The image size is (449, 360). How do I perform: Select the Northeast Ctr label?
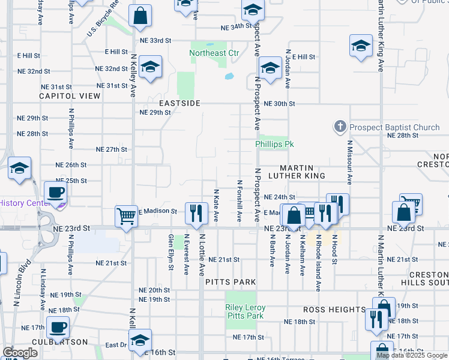[214, 53]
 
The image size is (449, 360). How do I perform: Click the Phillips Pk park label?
[274, 145]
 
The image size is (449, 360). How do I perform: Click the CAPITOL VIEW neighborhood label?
[70, 96]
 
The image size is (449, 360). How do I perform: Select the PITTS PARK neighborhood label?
[231, 282]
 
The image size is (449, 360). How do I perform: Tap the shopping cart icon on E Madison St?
[126, 215]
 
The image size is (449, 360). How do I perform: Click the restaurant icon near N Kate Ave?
[196, 213]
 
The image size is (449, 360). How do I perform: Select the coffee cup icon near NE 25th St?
[55, 193]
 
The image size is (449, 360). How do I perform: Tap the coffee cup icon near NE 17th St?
[58, 327]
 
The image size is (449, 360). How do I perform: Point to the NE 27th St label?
[112, 149]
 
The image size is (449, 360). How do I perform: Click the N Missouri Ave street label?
[349, 162]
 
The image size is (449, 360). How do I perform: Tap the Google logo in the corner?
[20, 353]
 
